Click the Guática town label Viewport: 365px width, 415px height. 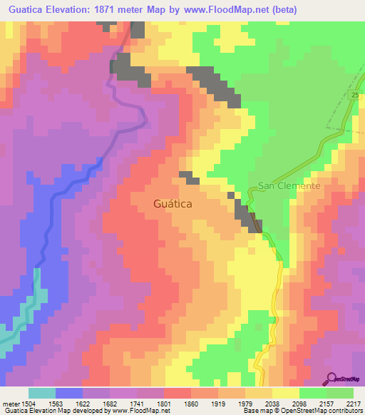tap(173, 203)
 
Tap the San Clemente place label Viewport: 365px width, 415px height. tap(290, 185)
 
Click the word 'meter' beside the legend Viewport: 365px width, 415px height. tap(8, 403)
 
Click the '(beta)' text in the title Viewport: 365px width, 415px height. tap(282, 9)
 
